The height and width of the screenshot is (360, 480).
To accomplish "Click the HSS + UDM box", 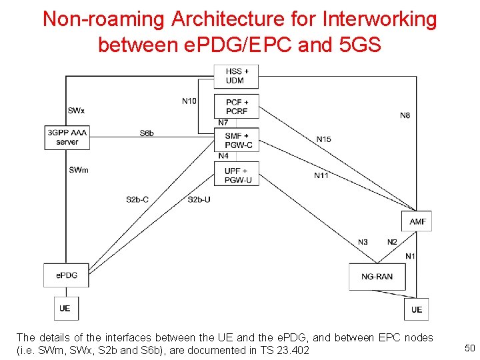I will [x=235, y=76].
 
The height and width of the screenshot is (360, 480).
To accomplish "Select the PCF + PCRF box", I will [x=237, y=107].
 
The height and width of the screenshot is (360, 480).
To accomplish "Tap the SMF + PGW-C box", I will [x=237, y=140].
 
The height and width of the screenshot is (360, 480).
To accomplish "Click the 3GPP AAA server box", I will [x=67, y=137].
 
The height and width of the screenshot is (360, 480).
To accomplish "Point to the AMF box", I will [x=417, y=221].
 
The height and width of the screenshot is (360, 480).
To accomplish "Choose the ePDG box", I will [x=66, y=275].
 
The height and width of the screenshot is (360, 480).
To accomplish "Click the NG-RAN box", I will [x=377, y=277].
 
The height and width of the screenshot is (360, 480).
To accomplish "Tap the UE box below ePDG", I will [x=65, y=308].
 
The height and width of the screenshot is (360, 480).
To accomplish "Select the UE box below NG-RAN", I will [x=417, y=309].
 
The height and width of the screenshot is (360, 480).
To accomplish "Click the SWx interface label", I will [x=76, y=110].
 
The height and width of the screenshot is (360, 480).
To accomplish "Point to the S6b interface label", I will [x=147, y=133].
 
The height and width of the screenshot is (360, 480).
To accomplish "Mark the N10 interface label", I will [x=189, y=101].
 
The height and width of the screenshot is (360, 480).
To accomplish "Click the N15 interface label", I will [x=323, y=139].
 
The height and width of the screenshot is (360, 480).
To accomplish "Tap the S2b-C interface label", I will [x=137, y=199].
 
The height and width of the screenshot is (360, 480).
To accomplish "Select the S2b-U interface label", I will [x=199, y=199].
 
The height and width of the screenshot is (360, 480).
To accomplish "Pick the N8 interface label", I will [x=405, y=115].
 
